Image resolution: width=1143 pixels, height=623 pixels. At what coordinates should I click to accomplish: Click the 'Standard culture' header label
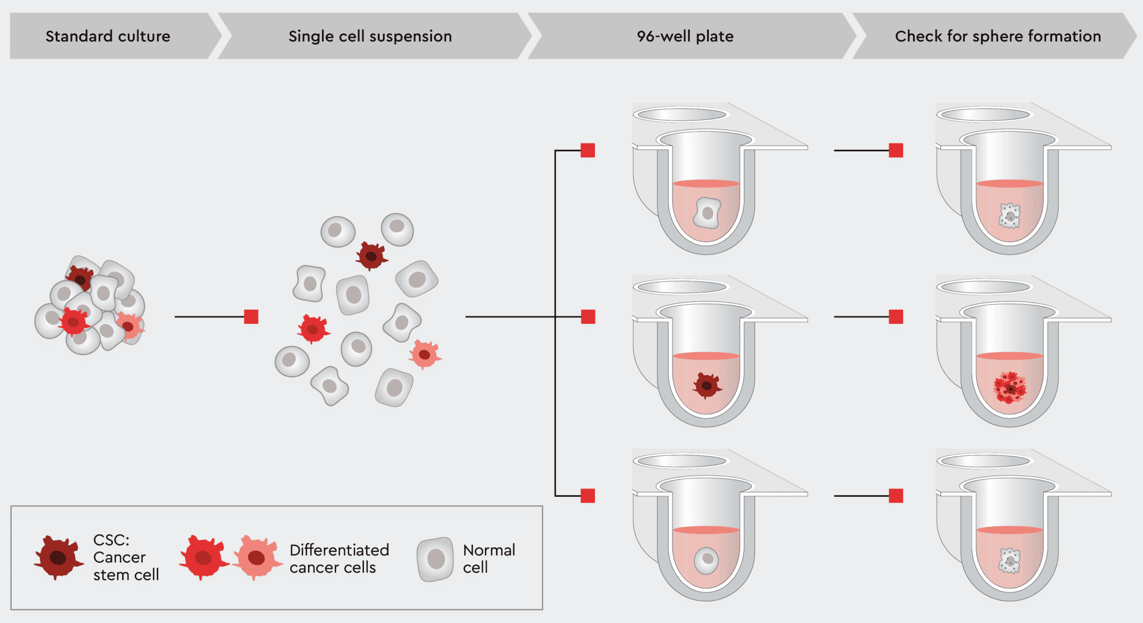point(108,36)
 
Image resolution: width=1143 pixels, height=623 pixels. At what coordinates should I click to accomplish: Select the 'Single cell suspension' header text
point(370,36)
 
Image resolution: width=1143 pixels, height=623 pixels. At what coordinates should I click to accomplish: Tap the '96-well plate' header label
point(685,36)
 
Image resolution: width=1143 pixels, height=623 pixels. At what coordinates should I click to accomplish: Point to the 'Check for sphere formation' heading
point(998,36)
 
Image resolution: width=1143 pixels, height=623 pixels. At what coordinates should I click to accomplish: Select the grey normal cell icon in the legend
point(435,559)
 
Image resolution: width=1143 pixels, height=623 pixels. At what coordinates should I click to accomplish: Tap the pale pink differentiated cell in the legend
point(257,557)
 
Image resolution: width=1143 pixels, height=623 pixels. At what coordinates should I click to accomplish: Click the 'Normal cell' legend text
point(489,559)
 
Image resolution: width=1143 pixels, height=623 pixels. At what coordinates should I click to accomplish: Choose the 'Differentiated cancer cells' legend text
point(339,559)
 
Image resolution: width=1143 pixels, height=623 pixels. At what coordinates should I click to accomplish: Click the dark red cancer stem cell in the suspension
point(371,256)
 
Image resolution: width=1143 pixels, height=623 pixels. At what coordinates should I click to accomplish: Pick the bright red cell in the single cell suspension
point(313,329)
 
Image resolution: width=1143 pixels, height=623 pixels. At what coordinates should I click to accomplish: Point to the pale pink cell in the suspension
point(425,354)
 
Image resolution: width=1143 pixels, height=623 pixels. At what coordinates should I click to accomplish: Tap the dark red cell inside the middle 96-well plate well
point(707,385)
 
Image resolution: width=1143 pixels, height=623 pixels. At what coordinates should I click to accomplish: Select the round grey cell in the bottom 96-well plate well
point(707,559)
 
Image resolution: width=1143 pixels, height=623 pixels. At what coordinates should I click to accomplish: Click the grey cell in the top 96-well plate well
point(707,213)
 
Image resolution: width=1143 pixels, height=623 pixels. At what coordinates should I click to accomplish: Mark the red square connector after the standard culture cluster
point(251,317)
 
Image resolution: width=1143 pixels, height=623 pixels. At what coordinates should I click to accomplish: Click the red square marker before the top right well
point(896,150)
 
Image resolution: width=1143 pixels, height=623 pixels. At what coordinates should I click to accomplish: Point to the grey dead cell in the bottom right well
point(1010,560)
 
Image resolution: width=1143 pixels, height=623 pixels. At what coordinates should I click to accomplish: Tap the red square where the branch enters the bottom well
point(588,496)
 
